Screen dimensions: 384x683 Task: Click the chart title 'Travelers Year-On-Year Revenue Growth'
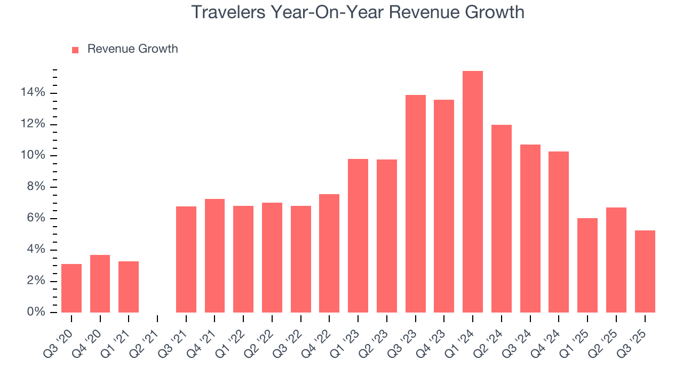(x=358, y=12)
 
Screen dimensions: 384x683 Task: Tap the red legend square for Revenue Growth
(x=75, y=50)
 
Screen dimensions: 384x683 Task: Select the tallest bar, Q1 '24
(x=472, y=192)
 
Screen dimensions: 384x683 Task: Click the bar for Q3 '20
(x=72, y=288)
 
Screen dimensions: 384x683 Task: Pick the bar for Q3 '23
(x=415, y=204)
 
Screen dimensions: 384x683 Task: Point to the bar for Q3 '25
(x=645, y=271)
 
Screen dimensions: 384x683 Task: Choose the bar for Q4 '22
(x=329, y=253)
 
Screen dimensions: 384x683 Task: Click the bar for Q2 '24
(x=501, y=219)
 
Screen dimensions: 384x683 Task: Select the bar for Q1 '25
(x=587, y=265)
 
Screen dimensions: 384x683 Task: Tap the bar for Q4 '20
(x=100, y=284)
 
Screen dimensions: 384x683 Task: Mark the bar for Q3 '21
(x=186, y=259)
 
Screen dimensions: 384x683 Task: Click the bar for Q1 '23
(x=358, y=236)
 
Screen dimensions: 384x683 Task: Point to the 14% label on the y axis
(x=33, y=93)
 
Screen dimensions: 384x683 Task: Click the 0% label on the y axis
(x=36, y=312)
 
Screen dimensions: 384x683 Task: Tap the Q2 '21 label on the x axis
(x=145, y=337)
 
